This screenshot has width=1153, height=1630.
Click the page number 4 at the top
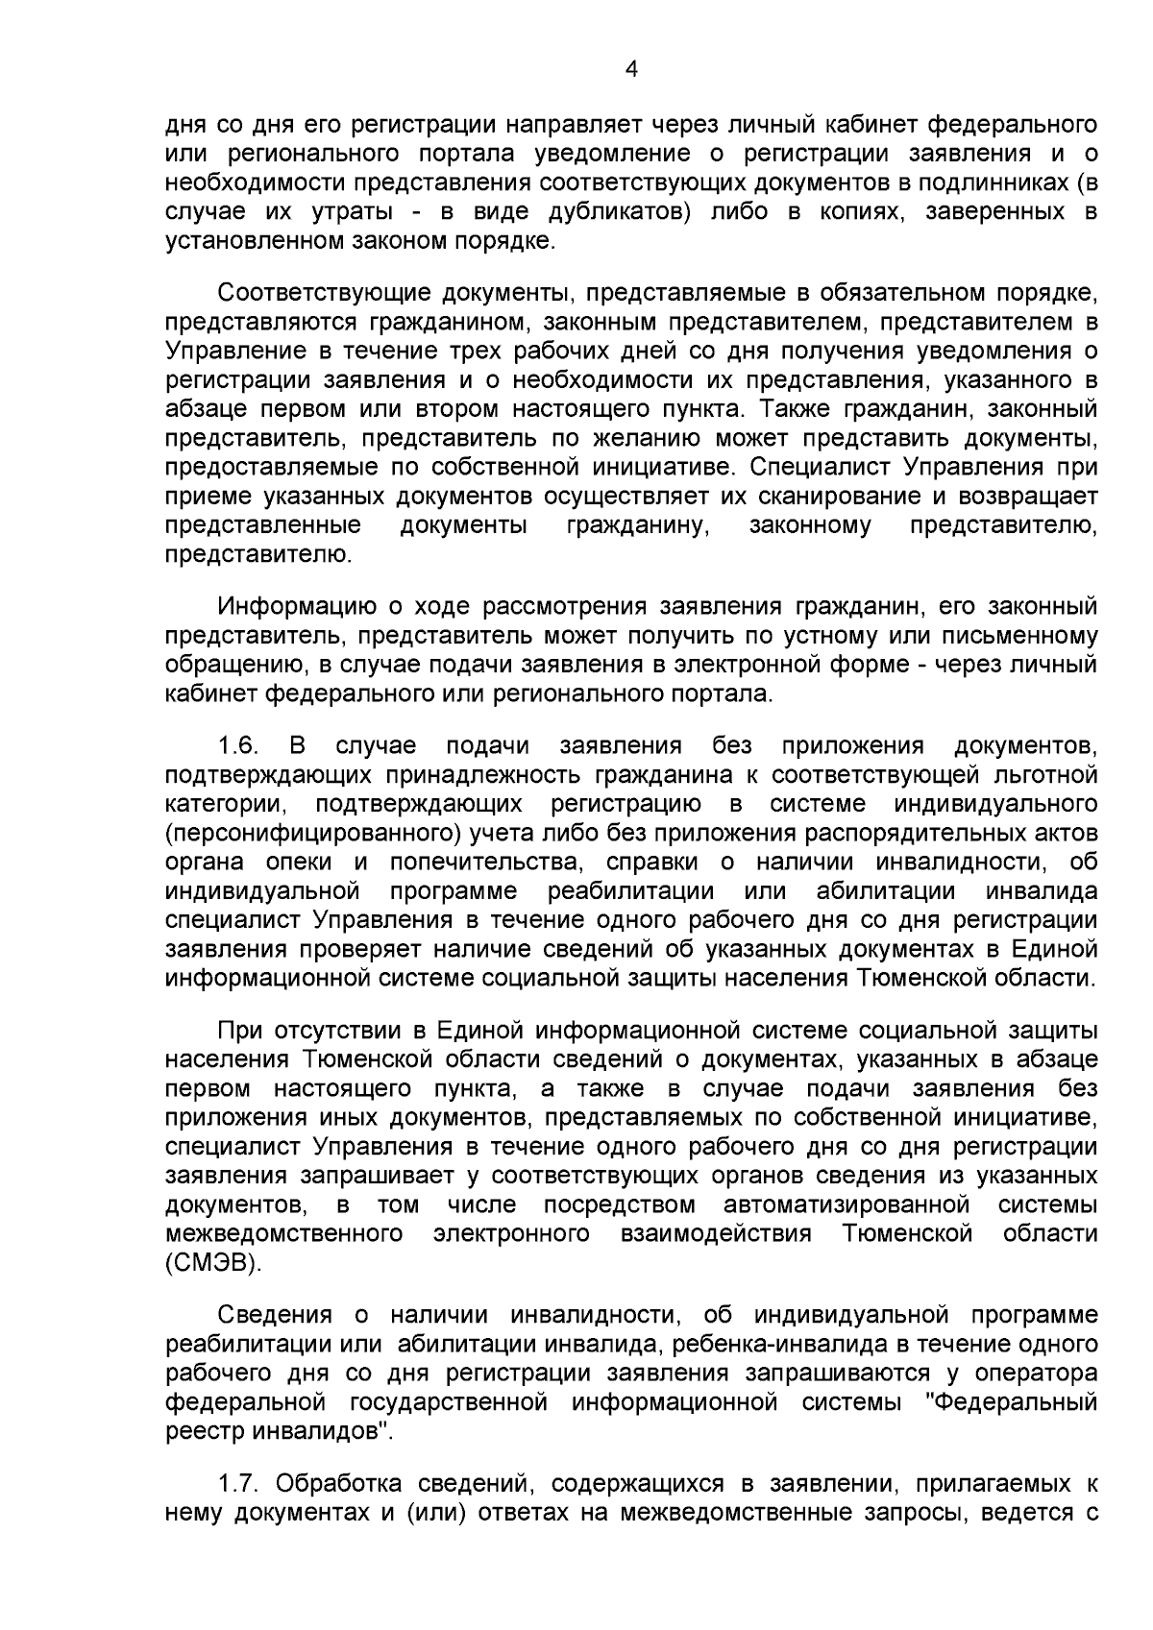pos(631,68)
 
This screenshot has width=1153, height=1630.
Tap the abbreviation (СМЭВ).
pos(213,1262)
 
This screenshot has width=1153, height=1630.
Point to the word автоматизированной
pos(844,1204)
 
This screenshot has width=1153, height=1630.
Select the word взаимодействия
pos(717,1233)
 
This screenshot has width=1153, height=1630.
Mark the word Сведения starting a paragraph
pos(275,1315)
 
